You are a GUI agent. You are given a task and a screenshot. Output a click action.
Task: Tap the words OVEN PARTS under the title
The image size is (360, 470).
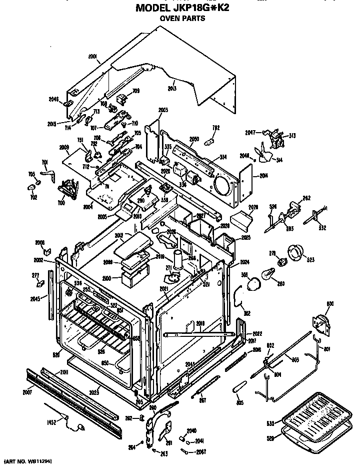pos(182,19)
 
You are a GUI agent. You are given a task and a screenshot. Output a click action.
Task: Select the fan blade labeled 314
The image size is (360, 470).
pos(263,152)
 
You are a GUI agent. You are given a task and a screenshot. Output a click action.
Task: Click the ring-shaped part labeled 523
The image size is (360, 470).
pos(295,253)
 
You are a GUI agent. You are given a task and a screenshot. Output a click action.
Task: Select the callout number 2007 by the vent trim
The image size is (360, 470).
pos(27,391)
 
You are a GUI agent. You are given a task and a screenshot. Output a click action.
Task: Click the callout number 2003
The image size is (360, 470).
pos(163,110)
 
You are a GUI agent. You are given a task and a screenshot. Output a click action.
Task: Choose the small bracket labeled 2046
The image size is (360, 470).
pos(66,103)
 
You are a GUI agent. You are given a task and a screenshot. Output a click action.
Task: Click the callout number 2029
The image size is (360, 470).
pos(253,207)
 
